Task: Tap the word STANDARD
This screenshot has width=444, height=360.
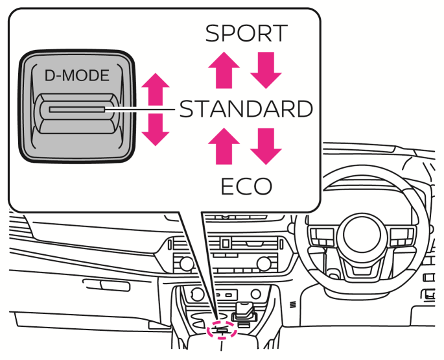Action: click(x=246, y=109)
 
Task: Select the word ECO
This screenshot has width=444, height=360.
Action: click(x=246, y=186)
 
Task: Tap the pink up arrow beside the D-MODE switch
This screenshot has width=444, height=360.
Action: click(x=155, y=87)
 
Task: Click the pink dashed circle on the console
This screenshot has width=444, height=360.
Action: click(x=222, y=331)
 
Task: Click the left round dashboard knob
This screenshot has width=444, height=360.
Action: click(x=185, y=263)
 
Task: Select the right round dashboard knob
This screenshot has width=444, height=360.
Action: click(x=263, y=263)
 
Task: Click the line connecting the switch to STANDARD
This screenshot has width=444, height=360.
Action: click(x=143, y=110)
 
